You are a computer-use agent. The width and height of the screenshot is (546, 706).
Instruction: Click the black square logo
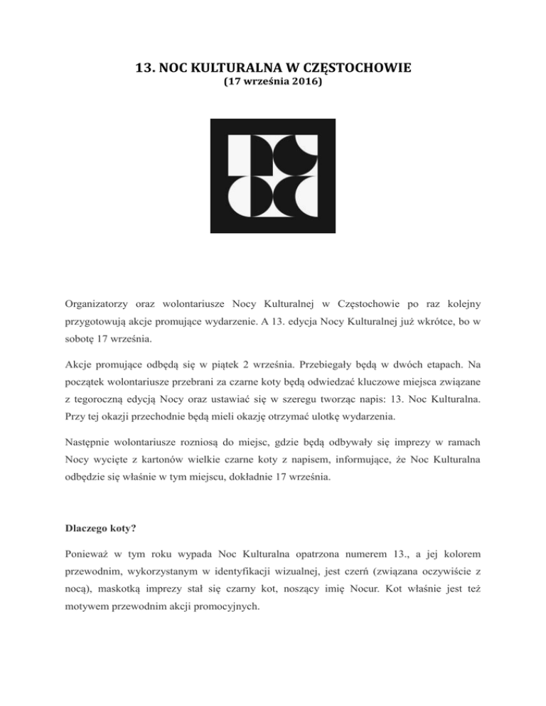[x=273, y=174]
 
